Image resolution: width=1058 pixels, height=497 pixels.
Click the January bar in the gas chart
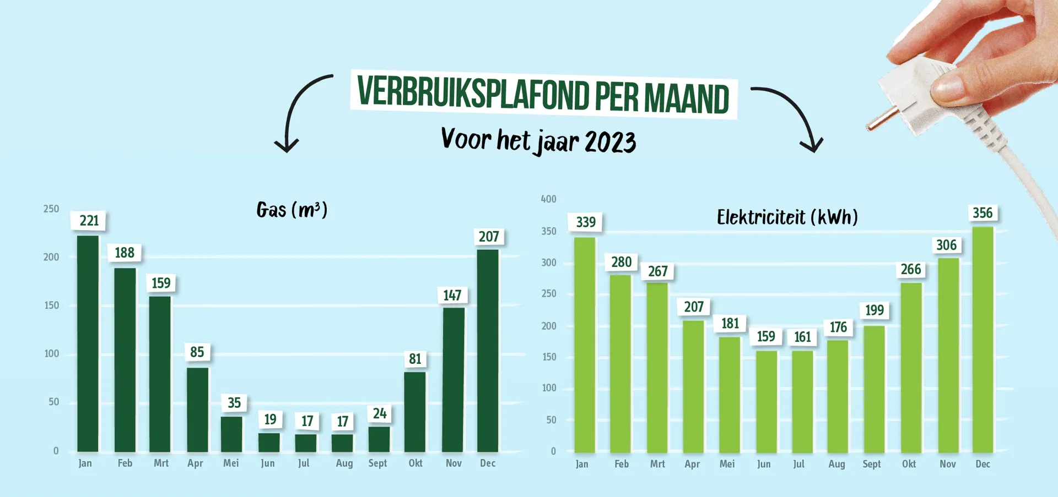88,344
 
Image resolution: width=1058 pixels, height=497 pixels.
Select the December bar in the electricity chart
983,340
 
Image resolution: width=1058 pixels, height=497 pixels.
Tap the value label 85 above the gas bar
197,352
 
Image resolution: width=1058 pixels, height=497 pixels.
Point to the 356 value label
983,213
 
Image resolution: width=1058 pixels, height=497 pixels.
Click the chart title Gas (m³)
292,210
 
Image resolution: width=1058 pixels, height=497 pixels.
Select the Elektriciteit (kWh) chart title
787,217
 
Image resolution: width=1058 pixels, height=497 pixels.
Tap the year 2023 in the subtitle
610,142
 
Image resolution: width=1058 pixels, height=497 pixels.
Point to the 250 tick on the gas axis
51,209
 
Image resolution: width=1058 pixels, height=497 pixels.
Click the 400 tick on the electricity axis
548,199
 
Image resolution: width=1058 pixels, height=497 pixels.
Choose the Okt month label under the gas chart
415,463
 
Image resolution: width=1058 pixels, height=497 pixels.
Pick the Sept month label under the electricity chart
872,465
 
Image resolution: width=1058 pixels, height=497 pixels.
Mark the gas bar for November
454,380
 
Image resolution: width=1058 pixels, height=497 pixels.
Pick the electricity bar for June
766,402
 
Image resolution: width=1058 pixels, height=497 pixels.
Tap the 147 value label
452,296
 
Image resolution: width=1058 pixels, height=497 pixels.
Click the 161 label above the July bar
802,337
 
